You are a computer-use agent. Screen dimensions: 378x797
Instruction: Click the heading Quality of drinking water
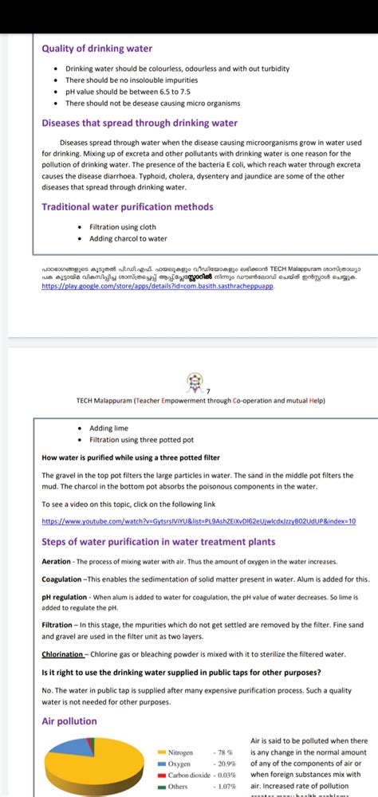(96, 49)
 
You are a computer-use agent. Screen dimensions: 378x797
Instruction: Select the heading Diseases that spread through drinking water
(140, 124)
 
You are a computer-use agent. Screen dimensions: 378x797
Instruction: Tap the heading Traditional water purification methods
(128, 207)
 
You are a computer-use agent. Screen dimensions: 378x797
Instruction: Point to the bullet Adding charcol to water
(128, 238)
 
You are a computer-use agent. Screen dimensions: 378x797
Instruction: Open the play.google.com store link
(158, 285)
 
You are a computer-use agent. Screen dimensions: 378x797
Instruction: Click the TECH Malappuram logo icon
(195, 380)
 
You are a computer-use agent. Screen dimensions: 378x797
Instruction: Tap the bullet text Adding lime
(108, 428)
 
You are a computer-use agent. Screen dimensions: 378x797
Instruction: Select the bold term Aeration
(56, 561)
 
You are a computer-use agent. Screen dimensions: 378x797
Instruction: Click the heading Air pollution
(69, 721)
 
